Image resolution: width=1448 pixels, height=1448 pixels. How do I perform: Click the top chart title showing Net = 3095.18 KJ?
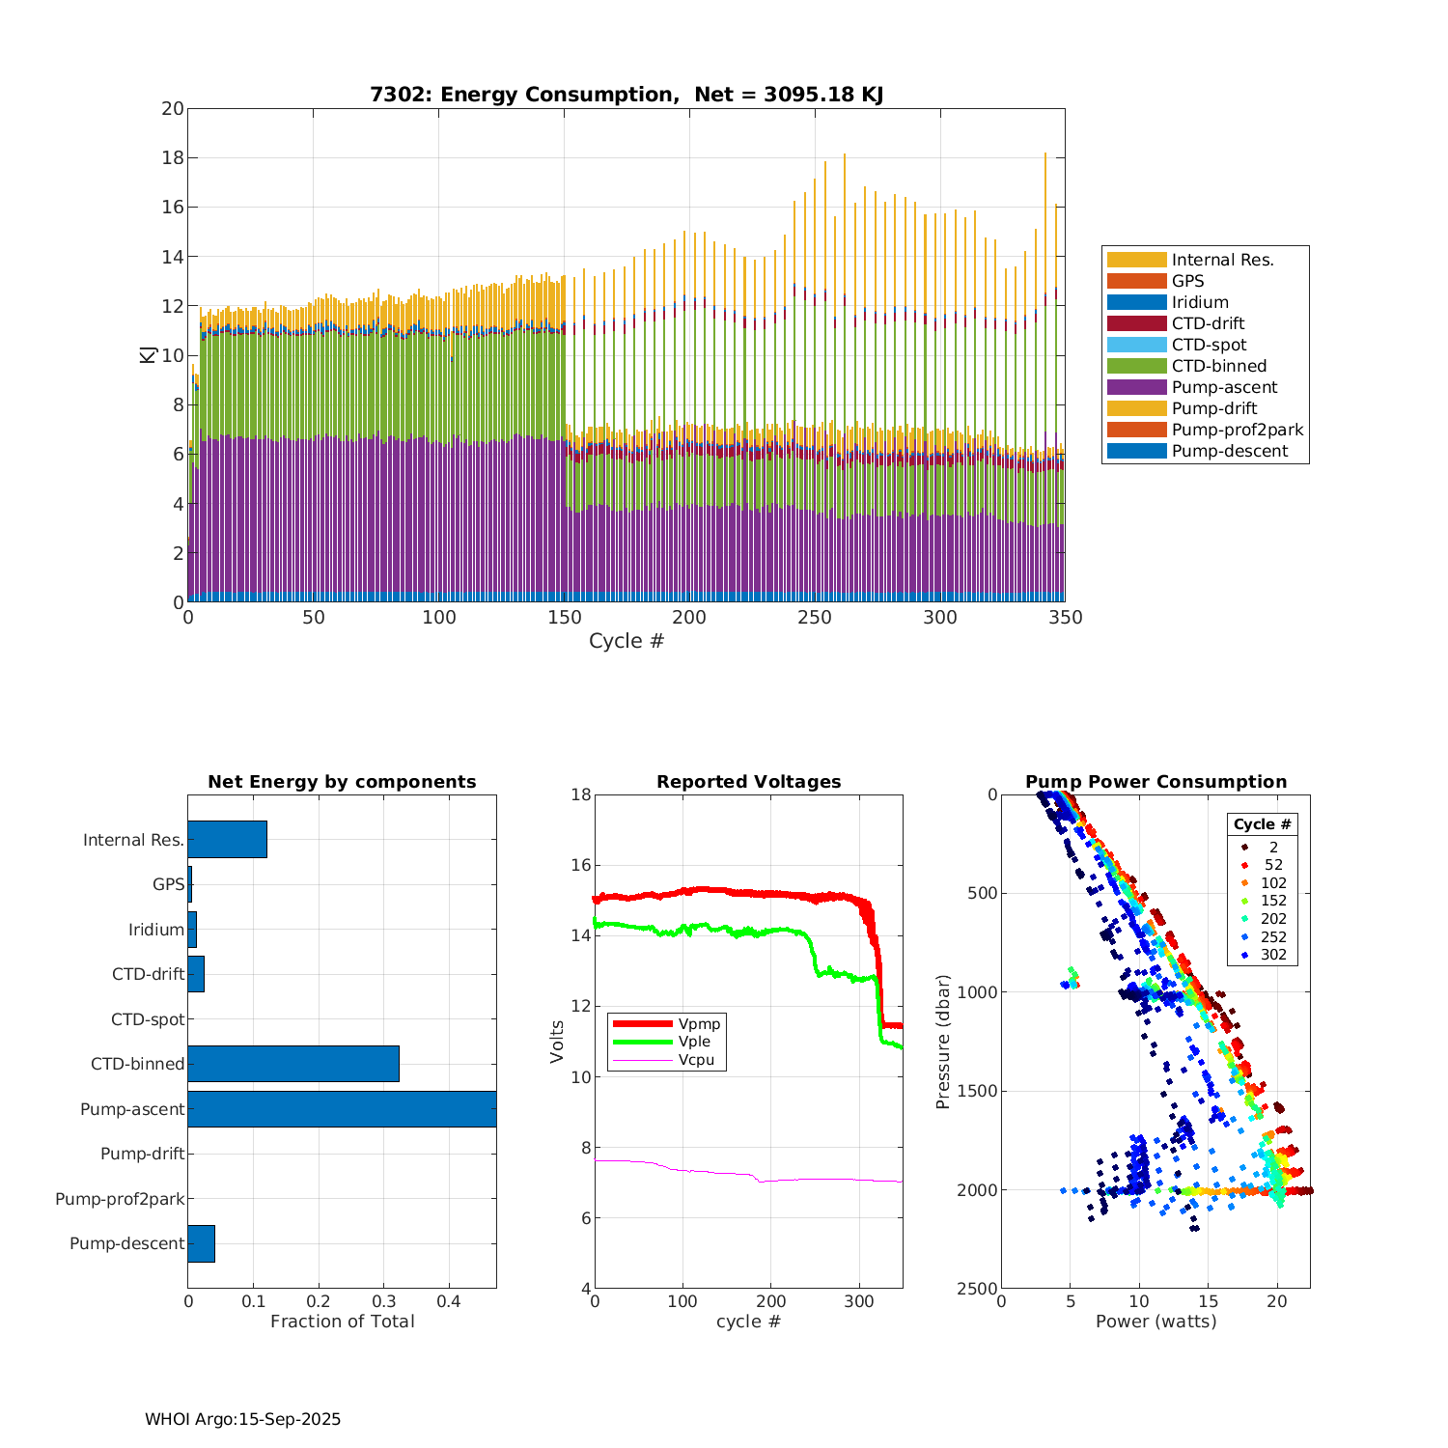tap(627, 95)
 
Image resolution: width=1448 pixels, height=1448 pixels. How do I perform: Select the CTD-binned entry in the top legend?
tap(1218, 366)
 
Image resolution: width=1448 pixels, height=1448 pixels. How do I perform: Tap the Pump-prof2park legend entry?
tap(1237, 430)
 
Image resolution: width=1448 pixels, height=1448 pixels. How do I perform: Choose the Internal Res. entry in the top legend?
tap(1222, 260)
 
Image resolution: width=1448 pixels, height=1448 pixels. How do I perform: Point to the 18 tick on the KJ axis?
tap(173, 157)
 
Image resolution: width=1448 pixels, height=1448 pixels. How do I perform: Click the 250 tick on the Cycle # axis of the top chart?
tap(815, 618)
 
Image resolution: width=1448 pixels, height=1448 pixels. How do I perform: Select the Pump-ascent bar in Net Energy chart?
tap(342, 1109)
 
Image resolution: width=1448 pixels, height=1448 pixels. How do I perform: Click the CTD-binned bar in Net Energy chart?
tap(293, 1064)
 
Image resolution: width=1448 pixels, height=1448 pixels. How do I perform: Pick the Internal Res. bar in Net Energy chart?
tap(227, 840)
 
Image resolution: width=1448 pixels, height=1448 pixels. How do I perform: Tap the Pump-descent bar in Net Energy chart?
tap(201, 1243)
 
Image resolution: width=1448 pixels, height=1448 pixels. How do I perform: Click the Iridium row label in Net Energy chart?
tap(156, 930)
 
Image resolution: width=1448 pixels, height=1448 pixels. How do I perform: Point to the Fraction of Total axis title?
tap(342, 1322)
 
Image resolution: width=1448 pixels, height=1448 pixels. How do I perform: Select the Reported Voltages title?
tap(748, 782)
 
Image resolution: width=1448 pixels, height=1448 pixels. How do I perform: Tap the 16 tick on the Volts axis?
tap(581, 865)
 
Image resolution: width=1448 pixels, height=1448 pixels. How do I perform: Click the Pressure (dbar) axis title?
tap(943, 1041)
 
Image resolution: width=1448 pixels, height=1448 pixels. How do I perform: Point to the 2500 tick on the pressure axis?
tap(978, 1288)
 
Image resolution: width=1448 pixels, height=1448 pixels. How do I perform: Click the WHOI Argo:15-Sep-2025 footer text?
tap(242, 1419)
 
